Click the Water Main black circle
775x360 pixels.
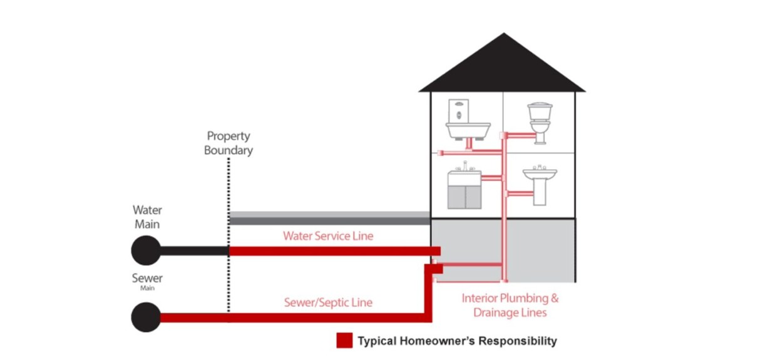point(146,250)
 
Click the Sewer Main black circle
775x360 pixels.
point(146,317)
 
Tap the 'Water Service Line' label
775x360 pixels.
point(328,236)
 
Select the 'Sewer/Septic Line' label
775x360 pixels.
point(328,302)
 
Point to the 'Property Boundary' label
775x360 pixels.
point(228,143)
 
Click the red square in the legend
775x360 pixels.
point(344,341)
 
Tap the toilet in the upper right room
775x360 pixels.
point(538,122)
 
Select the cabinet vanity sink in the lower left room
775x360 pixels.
point(465,187)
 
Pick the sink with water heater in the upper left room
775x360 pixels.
point(467,123)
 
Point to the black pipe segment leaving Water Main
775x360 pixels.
point(194,250)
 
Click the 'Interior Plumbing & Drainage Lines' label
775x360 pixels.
point(510,305)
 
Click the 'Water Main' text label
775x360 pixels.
point(146,217)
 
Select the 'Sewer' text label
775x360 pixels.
point(147,278)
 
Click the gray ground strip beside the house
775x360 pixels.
point(329,218)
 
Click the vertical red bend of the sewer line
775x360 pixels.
point(429,294)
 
